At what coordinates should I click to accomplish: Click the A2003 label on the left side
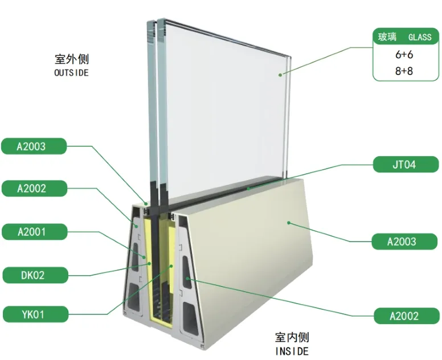(x=34, y=146)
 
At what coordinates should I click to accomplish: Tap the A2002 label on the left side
(x=34, y=189)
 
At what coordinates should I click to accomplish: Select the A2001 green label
(x=34, y=232)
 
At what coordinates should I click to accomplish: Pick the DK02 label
(x=35, y=275)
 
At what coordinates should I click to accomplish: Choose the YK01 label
(x=35, y=314)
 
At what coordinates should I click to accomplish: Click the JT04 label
(x=406, y=165)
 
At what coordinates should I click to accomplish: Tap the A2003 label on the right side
(x=404, y=242)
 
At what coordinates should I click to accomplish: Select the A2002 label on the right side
(x=407, y=316)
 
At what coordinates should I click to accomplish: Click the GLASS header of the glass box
(x=420, y=37)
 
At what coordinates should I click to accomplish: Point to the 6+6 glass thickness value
(x=404, y=55)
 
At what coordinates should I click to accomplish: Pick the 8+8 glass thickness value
(x=404, y=71)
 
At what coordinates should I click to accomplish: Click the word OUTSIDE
(x=71, y=73)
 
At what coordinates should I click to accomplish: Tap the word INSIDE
(x=292, y=351)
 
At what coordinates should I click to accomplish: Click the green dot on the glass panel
(x=280, y=75)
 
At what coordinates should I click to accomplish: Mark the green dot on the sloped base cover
(x=289, y=223)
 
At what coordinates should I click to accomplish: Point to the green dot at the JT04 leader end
(x=248, y=189)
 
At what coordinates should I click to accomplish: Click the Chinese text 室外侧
(x=72, y=59)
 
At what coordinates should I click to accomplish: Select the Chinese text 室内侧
(x=292, y=337)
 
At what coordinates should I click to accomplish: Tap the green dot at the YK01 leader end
(x=171, y=266)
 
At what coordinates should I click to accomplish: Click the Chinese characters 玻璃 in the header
(x=387, y=37)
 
